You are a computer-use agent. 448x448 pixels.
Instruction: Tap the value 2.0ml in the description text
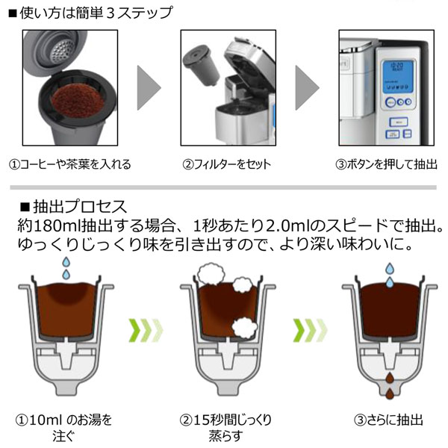[x=270, y=225]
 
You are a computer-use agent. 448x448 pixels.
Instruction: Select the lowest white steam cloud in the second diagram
[x=244, y=326]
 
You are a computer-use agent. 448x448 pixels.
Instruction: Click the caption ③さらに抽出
[x=385, y=420]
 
